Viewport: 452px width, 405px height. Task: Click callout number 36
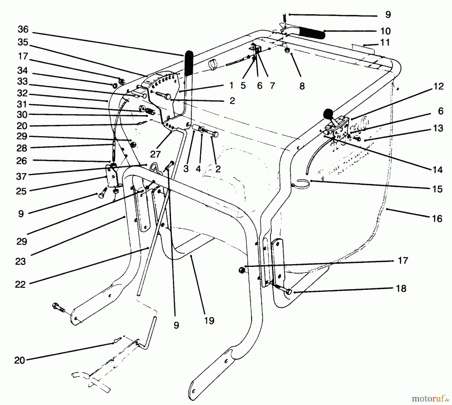tap(23, 30)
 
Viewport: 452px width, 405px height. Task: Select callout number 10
tap(385, 31)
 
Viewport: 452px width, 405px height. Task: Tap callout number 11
tap(385, 42)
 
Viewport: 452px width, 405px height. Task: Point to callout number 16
tap(437, 218)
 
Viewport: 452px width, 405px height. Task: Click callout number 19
tap(209, 321)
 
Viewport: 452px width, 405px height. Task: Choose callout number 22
tap(20, 284)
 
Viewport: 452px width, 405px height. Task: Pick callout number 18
tap(401, 288)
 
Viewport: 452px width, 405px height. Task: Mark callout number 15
tap(437, 189)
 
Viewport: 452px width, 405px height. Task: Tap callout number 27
tap(155, 154)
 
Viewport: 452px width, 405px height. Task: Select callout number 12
tap(438, 86)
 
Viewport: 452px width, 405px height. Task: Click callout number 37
tap(21, 176)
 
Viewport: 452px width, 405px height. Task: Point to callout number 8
tap(302, 86)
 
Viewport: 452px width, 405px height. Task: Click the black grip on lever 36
tap(189, 63)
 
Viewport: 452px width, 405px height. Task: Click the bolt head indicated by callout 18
tap(289, 292)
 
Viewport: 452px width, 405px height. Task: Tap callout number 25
tap(21, 191)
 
